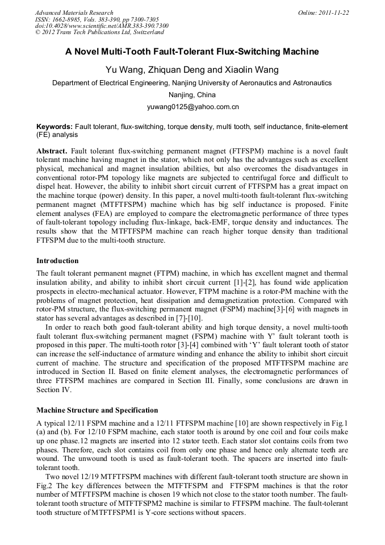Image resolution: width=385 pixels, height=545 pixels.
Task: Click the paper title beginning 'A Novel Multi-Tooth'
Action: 192,52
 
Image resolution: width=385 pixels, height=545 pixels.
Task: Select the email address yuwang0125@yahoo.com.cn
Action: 192,106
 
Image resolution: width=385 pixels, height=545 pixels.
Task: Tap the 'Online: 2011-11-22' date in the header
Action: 323,13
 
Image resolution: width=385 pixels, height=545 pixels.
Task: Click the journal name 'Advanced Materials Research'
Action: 74,13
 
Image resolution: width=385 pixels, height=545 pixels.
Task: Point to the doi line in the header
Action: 102,26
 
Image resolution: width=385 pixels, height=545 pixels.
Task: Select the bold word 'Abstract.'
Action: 52,152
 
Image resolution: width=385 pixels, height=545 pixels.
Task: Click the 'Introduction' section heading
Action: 57,260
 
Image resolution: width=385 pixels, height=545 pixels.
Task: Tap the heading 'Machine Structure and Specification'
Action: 97,410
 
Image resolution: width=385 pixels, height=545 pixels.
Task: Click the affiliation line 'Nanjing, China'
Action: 192,94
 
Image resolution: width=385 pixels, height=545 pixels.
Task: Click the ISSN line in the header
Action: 97,19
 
